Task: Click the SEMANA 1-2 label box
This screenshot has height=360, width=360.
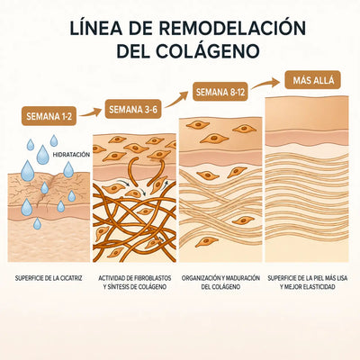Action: click(x=49, y=116)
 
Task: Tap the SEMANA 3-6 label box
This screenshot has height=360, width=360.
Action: click(x=133, y=110)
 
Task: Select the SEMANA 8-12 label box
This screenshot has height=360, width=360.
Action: click(x=220, y=92)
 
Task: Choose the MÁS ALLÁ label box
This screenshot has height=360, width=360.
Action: click(x=313, y=80)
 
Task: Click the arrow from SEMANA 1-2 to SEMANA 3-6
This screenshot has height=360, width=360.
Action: click(x=91, y=112)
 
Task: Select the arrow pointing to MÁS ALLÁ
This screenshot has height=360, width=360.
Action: click(x=265, y=83)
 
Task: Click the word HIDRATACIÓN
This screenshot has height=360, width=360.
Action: click(x=71, y=155)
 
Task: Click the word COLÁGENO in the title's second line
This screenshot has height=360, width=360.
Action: click(x=208, y=51)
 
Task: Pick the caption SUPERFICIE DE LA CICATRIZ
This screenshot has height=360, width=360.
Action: click(x=49, y=279)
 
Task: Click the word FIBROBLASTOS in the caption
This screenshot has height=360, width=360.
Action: click(x=152, y=278)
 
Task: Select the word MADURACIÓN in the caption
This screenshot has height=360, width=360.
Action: click(x=241, y=278)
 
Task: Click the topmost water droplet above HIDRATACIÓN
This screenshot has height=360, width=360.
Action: click(x=54, y=140)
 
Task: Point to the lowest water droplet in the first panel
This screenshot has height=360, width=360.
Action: click(x=37, y=223)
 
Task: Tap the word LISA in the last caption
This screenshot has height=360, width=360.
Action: click(x=341, y=278)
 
